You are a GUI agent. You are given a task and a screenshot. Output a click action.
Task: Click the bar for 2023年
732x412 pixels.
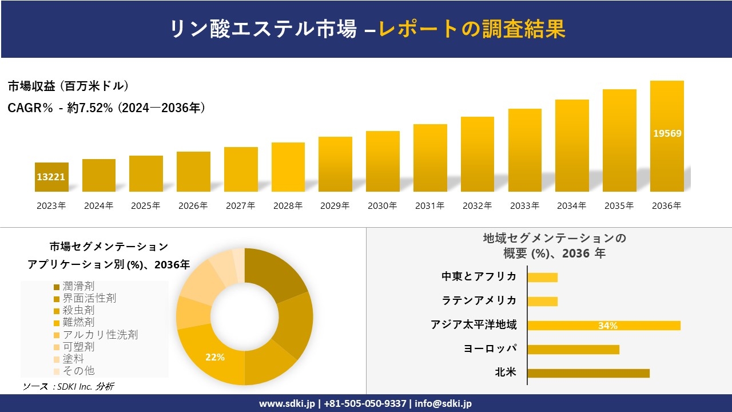tap(51, 177)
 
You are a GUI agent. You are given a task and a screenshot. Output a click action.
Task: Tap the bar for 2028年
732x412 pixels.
tap(288, 167)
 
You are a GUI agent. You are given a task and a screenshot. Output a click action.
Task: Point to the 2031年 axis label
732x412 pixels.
tap(429, 206)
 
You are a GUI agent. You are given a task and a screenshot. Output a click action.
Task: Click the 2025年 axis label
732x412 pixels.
tap(146, 206)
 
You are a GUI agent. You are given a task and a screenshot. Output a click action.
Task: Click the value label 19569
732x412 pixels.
tap(667, 133)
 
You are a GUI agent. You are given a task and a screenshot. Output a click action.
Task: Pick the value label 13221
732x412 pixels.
tap(51, 177)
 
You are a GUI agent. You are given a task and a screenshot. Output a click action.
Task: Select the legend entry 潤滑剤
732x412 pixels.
tap(78, 286)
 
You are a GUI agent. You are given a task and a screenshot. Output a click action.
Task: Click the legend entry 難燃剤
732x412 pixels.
tap(78, 323)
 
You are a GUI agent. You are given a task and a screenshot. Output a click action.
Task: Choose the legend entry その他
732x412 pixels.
tap(78, 371)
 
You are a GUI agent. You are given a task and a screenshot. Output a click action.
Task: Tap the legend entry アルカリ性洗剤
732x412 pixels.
tap(100, 335)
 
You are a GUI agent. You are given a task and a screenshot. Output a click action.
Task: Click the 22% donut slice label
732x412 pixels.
tap(215, 357)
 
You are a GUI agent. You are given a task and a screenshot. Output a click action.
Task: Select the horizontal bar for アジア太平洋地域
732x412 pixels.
tap(603, 326)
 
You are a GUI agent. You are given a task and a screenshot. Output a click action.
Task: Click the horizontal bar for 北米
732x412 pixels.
tap(588, 373)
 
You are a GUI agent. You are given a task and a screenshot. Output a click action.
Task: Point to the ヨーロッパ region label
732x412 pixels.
tap(490, 349)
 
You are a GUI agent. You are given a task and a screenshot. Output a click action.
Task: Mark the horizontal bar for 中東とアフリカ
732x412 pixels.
tap(542, 278)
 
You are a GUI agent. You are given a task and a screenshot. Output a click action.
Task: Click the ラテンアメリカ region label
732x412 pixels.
tap(479, 301)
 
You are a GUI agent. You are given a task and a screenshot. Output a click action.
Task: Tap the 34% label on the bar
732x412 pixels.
tap(607, 326)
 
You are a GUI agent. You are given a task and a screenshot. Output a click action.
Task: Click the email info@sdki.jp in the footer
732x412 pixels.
tap(444, 403)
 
